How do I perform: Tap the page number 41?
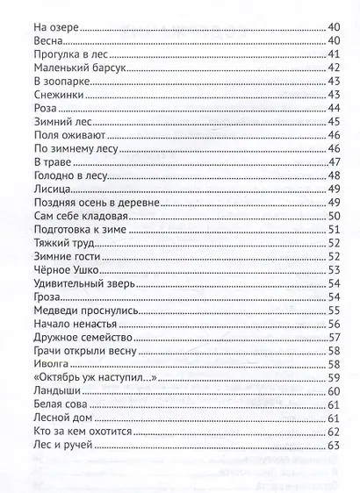[333, 54]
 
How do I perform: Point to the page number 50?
[333, 216]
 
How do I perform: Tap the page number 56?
[333, 324]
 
